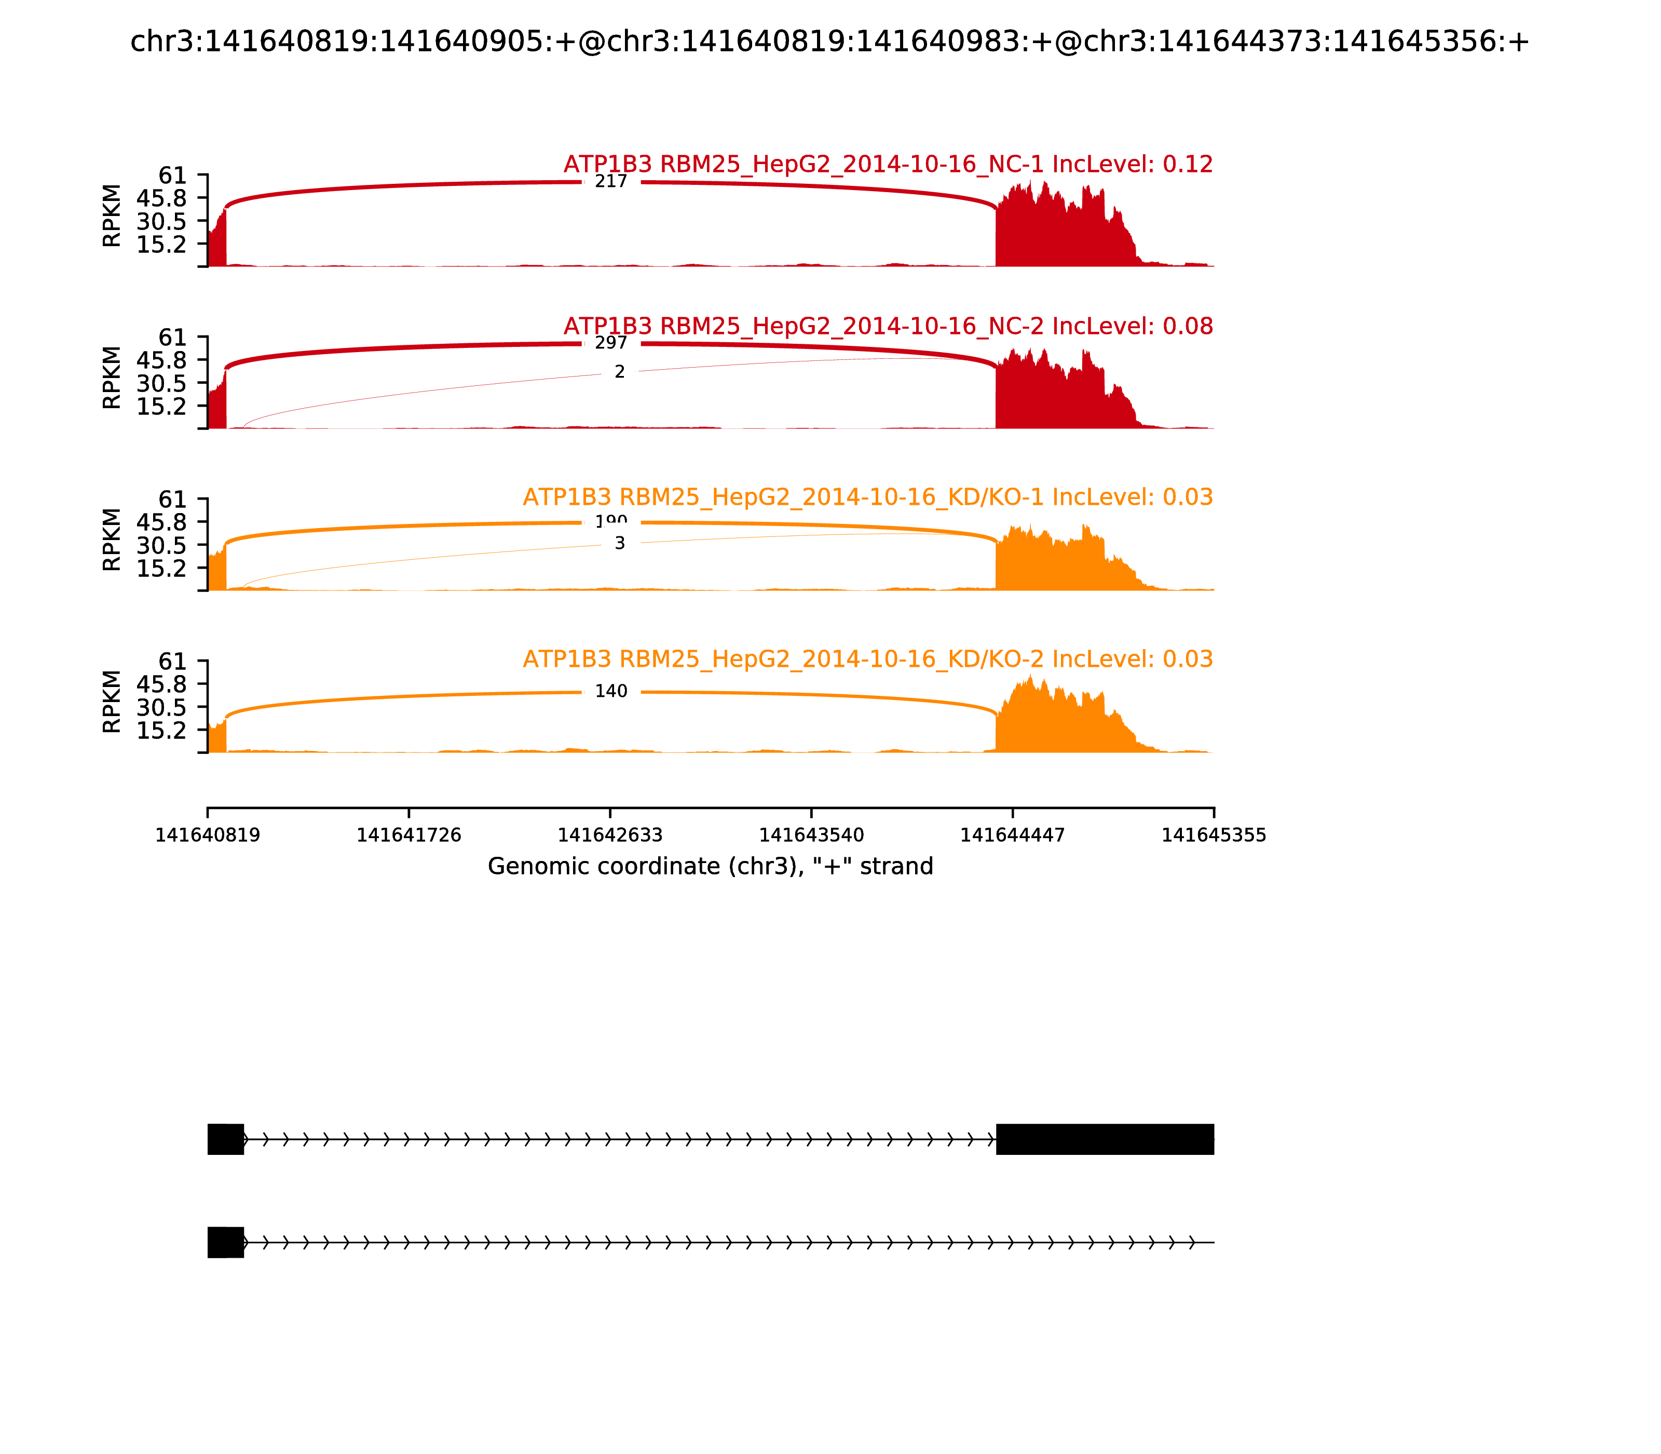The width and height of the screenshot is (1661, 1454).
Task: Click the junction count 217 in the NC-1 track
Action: point(611,182)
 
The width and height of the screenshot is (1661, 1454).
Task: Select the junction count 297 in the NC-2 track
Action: point(611,343)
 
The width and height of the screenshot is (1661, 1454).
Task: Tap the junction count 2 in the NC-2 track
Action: point(620,372)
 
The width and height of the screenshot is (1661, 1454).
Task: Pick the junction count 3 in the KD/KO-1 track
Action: point(620,544)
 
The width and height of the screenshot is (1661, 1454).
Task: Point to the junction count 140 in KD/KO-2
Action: point(611,691)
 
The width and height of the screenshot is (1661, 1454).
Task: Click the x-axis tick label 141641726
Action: point(409,836)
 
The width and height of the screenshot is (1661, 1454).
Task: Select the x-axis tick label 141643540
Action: point(811,836)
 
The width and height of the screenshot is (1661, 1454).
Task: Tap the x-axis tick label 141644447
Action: point(1012,836)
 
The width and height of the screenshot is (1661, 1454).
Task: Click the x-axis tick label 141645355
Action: point(1214,836)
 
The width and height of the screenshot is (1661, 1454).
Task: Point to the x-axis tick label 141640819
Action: point(208,836)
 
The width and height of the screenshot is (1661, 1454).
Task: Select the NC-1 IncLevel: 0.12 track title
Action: point(888,165)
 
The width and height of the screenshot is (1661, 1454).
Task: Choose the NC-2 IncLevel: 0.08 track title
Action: point(888,326)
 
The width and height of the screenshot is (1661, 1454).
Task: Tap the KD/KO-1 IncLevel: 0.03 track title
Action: point(868,497)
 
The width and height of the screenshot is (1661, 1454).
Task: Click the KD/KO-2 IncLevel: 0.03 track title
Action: point(868,659)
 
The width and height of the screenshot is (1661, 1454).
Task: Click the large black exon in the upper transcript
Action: point(1105,1139)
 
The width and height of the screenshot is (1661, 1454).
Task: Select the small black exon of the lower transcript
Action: point(225,1242)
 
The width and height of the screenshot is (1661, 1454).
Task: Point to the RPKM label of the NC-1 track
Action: point(112,216)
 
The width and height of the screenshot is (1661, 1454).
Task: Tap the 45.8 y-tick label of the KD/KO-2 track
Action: point(161,684)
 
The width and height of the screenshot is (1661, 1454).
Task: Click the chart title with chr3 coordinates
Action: point(829,42)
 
